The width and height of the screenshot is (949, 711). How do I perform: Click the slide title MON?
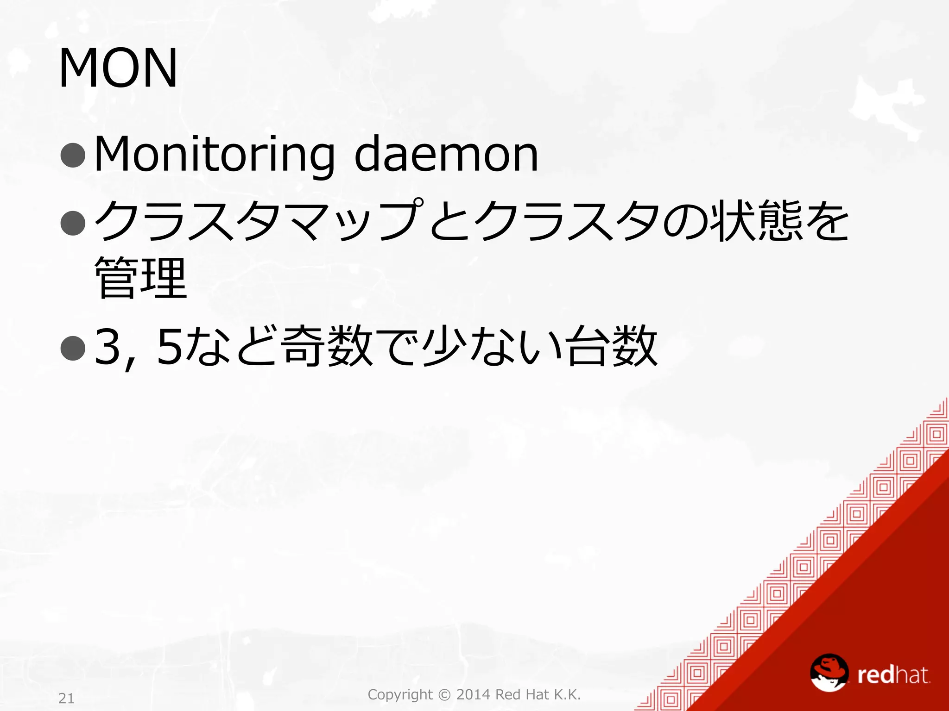[118, 68]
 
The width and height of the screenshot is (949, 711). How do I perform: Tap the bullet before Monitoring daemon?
[73, 155]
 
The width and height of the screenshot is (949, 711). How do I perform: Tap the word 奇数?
[328, 346]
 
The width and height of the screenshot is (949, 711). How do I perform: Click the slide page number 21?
[66, 698]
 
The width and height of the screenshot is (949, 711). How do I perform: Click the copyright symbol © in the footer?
[444, 694]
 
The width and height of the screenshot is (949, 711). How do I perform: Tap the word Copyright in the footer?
[400, 695]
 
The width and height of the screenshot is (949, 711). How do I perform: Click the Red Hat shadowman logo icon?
[829, 672]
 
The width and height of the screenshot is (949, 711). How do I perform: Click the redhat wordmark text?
[893, 675]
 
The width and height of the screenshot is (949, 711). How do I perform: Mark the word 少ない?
[492, 346]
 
